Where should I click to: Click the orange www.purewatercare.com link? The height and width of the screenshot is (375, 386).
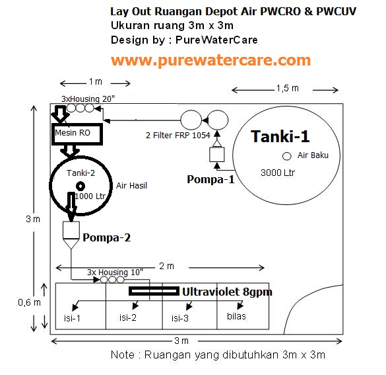(210, 60)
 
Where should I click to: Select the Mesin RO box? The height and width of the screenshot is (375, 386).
(77, 134)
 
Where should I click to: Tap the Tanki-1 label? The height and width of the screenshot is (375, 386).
(280, 136)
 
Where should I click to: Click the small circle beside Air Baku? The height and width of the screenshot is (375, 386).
(287, 156)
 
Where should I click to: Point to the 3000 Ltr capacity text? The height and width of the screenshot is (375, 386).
(278, 173)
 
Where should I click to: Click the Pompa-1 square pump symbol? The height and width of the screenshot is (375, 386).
(217, 155)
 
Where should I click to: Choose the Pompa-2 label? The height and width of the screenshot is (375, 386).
(107, 237)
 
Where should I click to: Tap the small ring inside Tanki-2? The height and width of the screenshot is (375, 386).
(80, 186)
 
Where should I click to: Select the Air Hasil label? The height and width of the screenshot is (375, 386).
(131, 186)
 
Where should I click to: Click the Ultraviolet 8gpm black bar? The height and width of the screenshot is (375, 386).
(154, 291)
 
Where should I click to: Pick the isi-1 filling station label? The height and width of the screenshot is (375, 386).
(72, 318)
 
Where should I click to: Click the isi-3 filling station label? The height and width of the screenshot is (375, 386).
(180, 318)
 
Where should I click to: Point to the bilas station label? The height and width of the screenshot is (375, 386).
(236, 316)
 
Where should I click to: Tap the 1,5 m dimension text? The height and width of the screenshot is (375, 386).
(287, 88)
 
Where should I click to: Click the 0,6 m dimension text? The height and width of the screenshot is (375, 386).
(29, 302)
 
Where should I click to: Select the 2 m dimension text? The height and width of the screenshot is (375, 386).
(167, 266)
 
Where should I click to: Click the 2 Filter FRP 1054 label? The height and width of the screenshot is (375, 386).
(177, 135)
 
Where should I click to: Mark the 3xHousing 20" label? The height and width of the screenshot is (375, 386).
(88, 99)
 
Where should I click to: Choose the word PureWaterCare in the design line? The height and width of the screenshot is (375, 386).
(216, 40)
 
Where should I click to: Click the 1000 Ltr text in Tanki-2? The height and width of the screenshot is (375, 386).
(90, 196)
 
